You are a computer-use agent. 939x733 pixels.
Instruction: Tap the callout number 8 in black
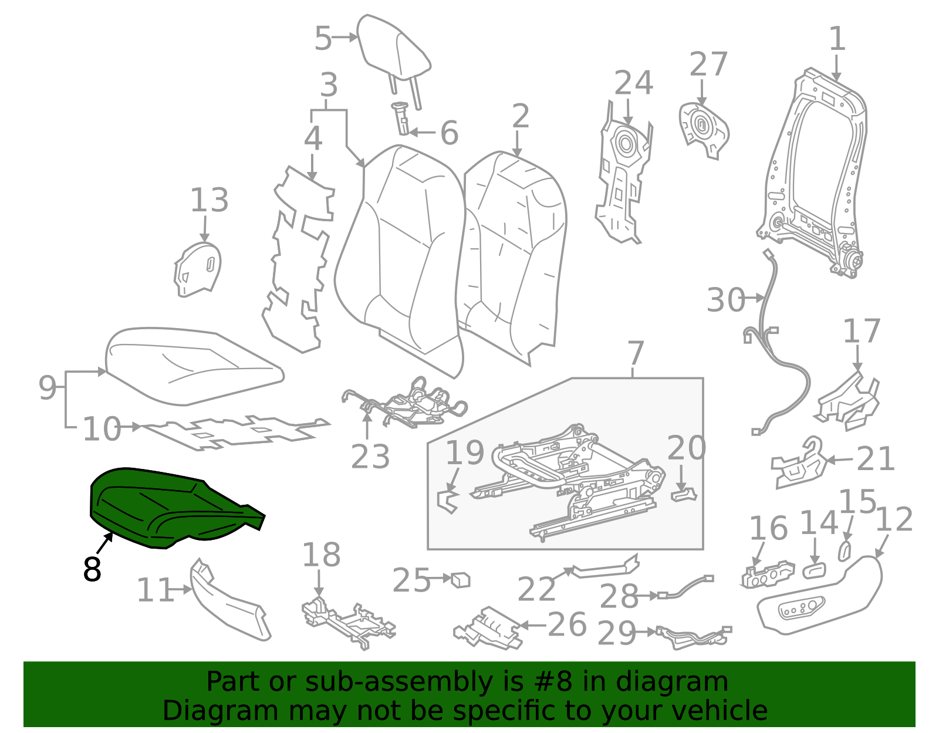[x=92, y=569]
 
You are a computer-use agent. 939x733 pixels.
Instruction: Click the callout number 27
[x=708, y=64]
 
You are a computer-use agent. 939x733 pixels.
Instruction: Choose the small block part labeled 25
[x=461, y=580]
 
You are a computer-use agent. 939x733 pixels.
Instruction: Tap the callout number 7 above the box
[x=636, y=353]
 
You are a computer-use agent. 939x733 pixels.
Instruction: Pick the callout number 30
[x=726, y=300]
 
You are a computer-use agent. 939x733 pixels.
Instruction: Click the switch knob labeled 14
[x=814, y=570]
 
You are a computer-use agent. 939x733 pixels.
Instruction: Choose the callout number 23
[x=370, y=457]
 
